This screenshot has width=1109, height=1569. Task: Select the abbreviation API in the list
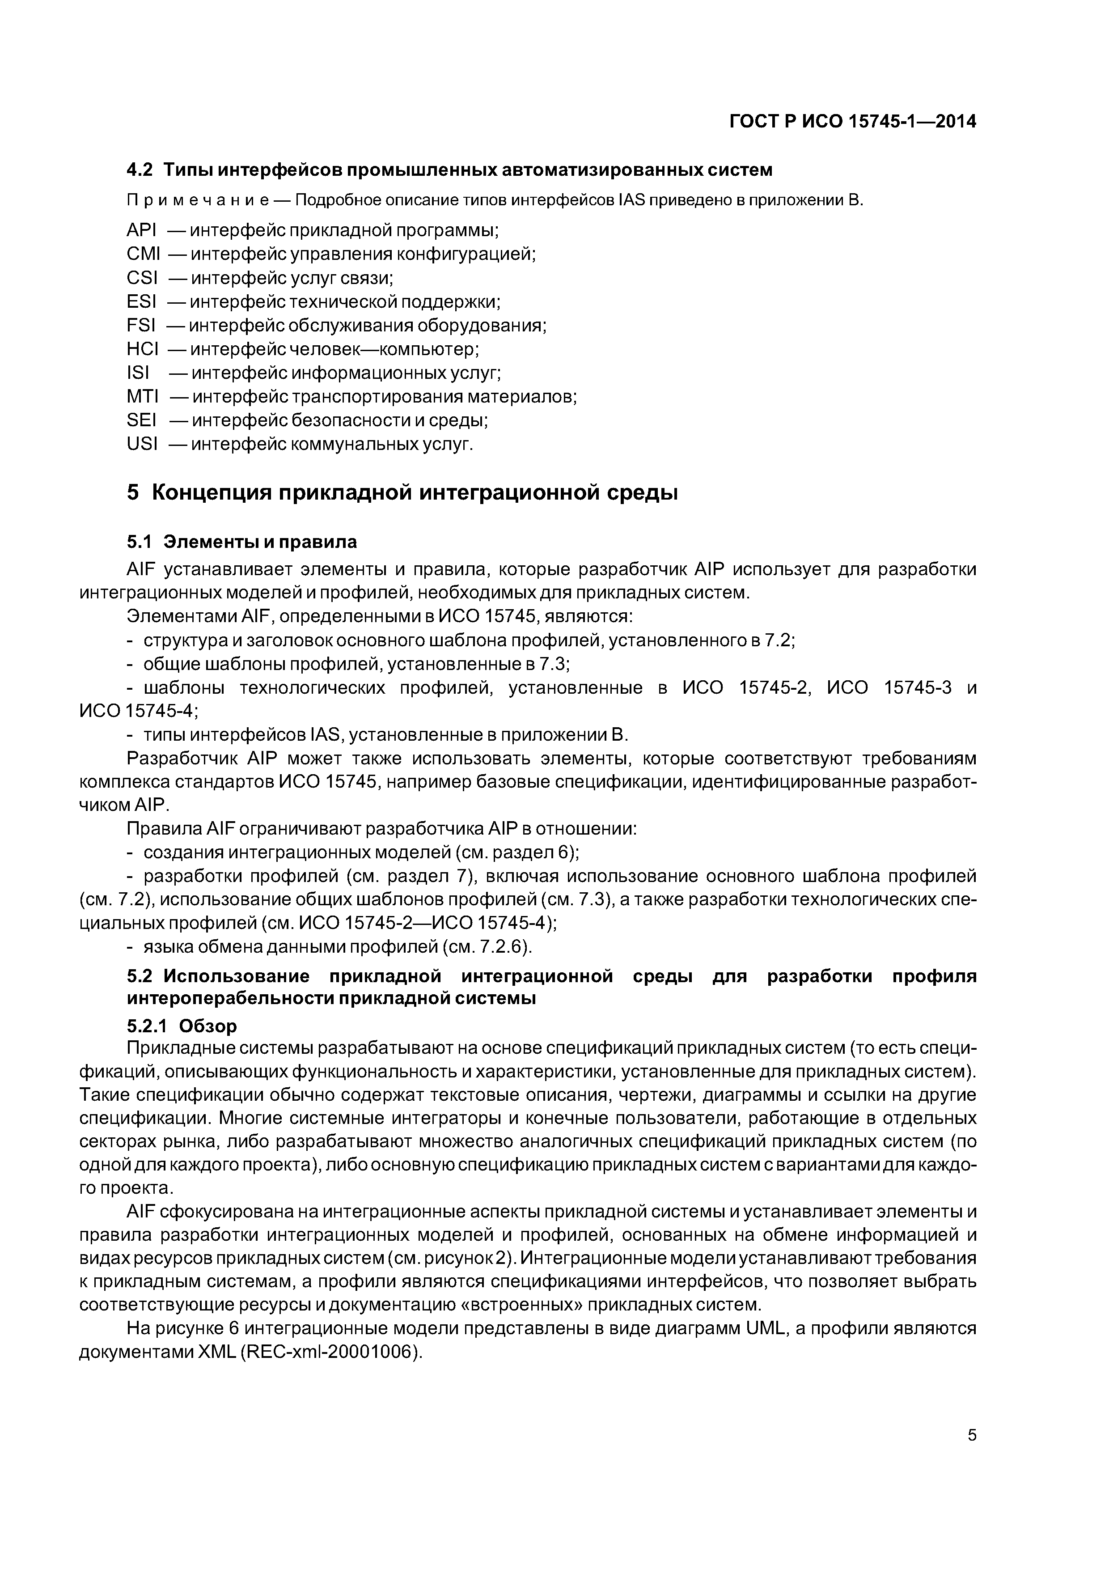(x=141, y=230)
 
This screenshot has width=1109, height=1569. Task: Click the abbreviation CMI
(x=143, y=254)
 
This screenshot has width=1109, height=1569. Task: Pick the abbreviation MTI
(x=142, y=396)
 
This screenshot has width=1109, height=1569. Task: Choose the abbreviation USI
(x=141, y=444)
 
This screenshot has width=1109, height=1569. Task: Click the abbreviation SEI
(x=141, y=420)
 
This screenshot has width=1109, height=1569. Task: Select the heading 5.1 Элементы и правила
(x=242, y=542)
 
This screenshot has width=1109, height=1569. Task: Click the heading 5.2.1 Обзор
(x=182, y=1026)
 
